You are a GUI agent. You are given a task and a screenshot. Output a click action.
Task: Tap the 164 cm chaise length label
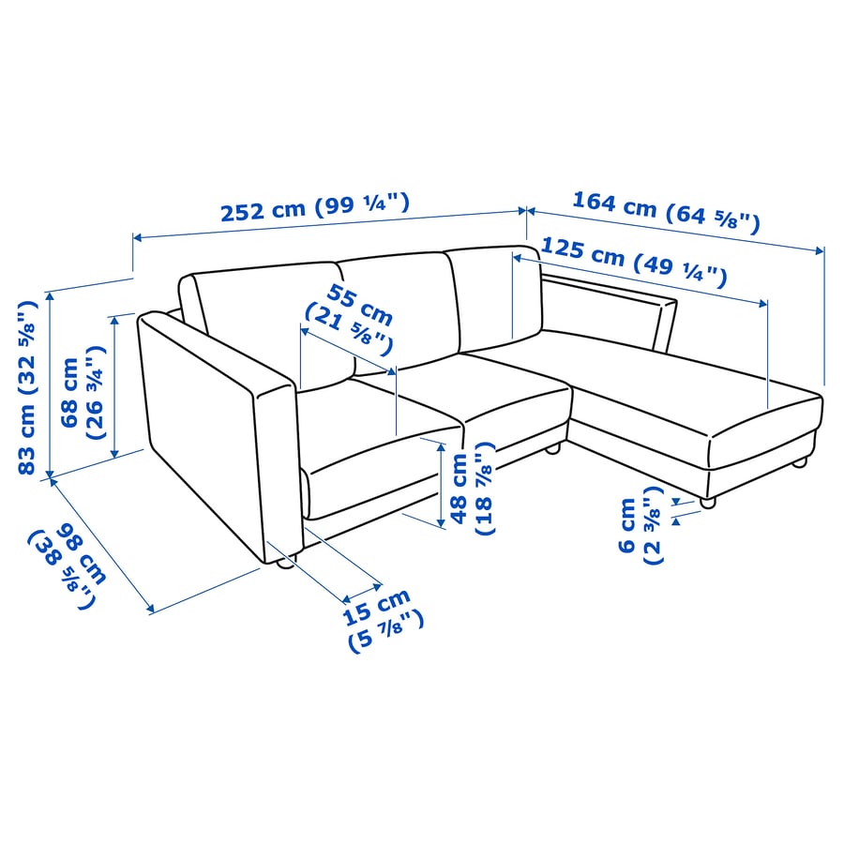(665, 211)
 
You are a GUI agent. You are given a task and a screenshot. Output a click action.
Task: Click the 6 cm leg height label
(640, 531)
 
